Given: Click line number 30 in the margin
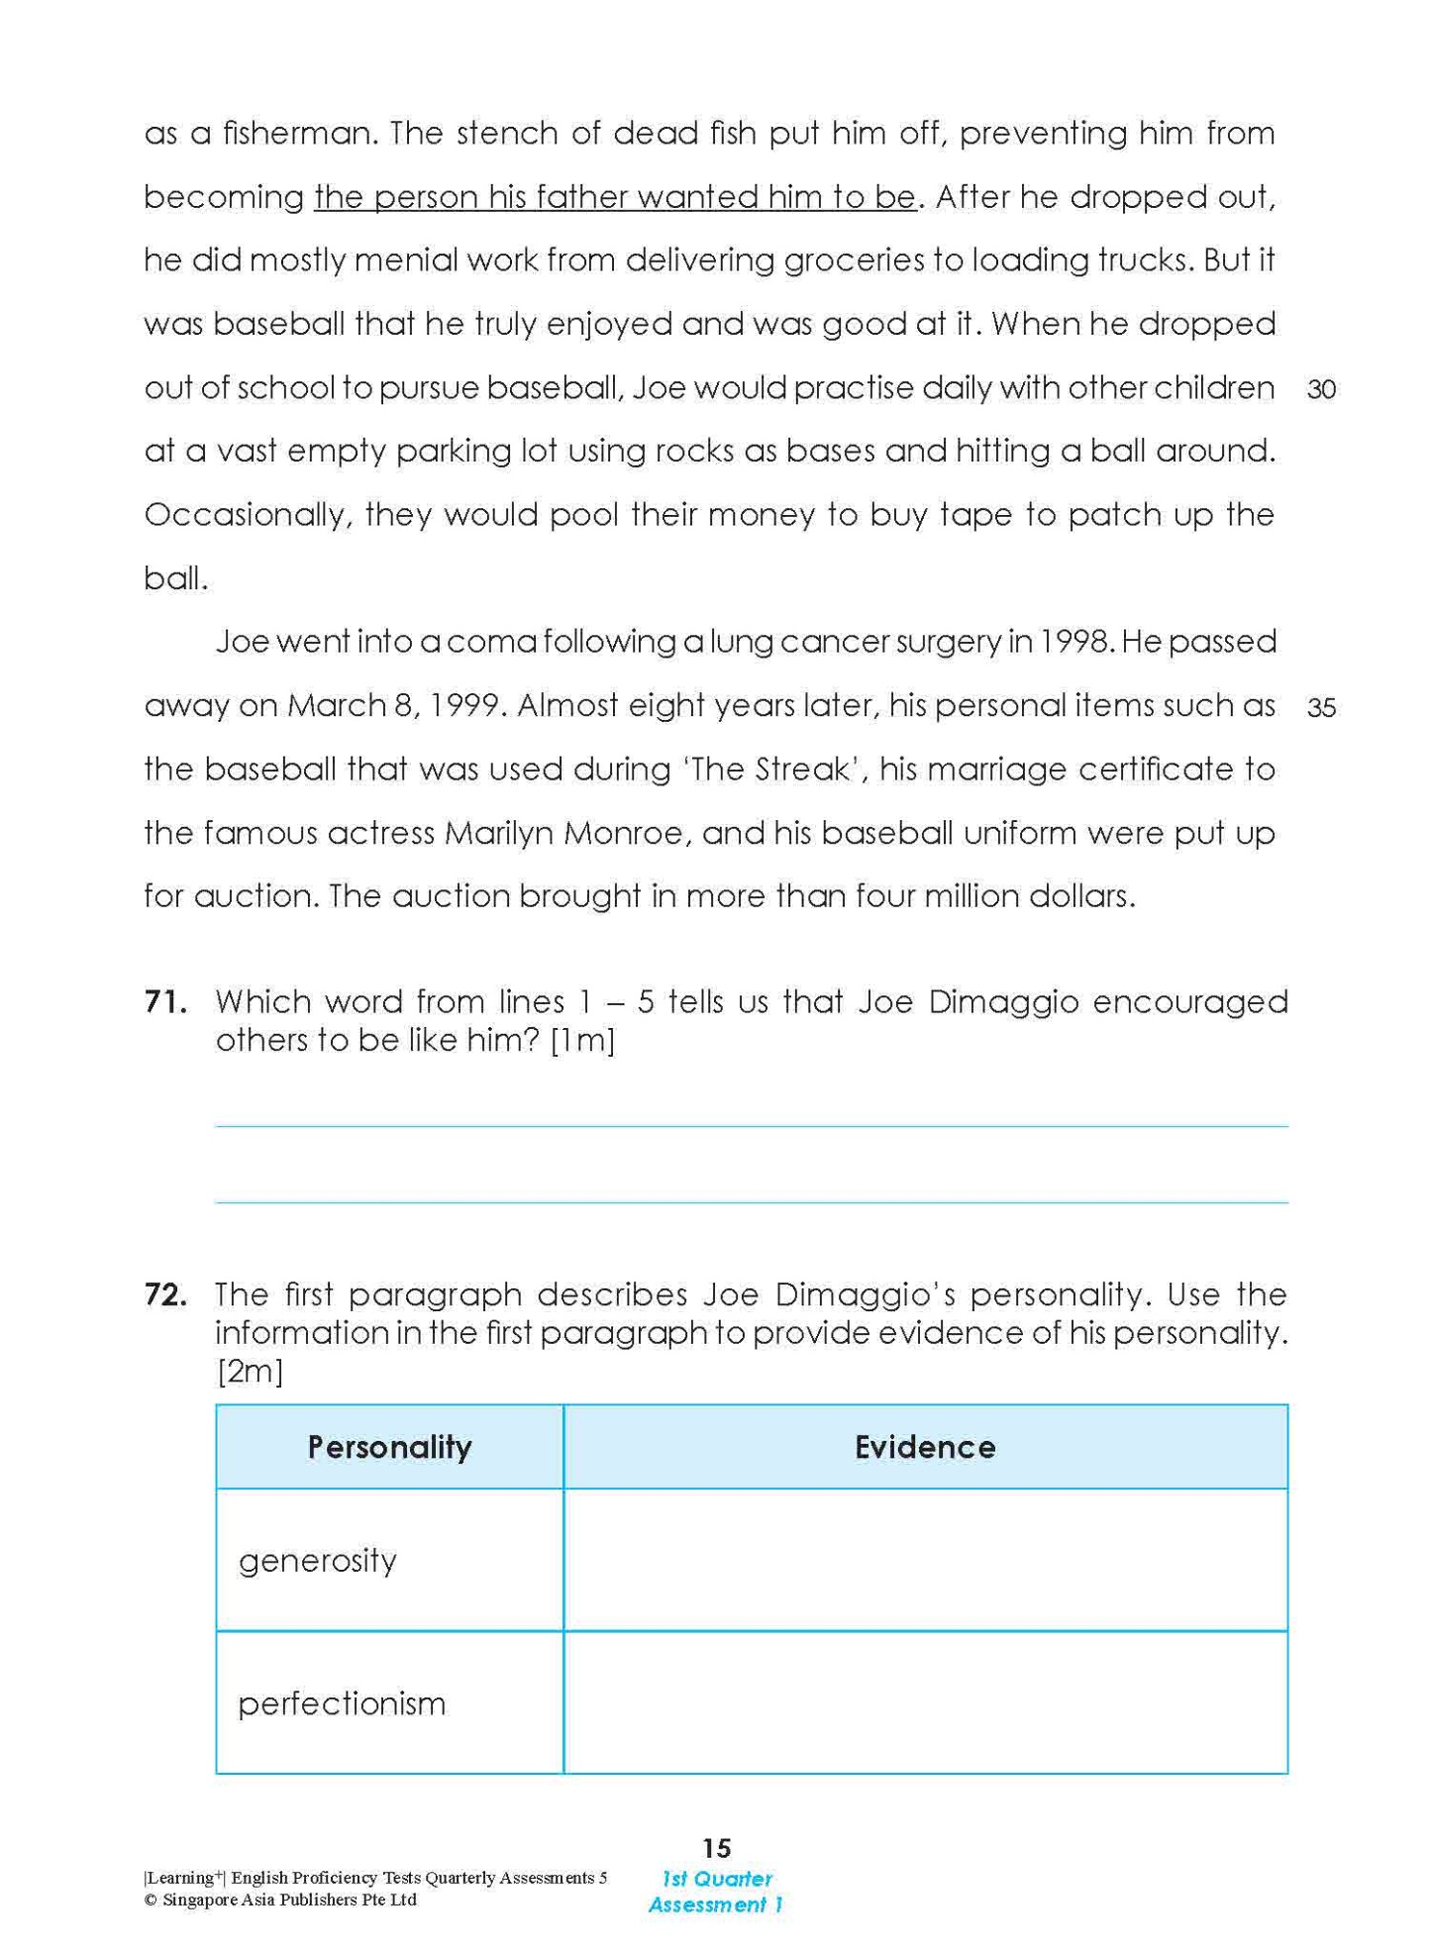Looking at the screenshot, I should [x=1321, y=389].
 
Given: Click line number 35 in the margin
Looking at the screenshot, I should [x=1321, y=708].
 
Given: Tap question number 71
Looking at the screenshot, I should [x=165, y=1002].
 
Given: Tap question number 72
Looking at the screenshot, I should [x=165, y=1294].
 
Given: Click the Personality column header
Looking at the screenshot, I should [x=389, y=1447].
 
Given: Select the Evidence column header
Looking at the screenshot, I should [x=924, y=1447].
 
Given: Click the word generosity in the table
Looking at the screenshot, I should [x=317, y=1561].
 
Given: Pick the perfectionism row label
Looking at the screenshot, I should [x=342, y=1703].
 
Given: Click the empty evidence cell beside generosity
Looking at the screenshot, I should [x=924, y=1560].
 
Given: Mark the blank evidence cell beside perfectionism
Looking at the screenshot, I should [x=924, y=1702].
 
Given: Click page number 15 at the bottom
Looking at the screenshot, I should [x=716, y=1848].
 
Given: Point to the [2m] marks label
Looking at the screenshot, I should [x=250, y=1372].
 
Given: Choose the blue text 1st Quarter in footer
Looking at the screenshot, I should [x=716, y=1879].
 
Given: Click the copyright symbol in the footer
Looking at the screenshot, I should [x=151, y=1901].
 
